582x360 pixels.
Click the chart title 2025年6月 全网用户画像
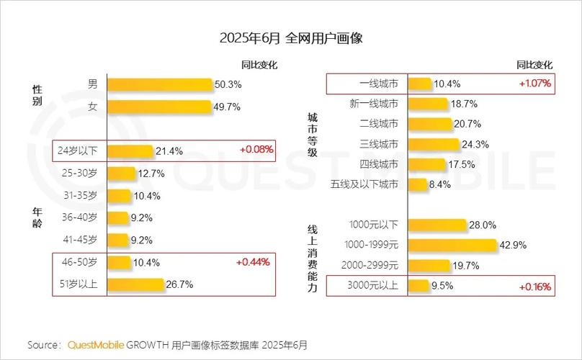point(290,38)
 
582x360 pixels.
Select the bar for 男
point(159,84)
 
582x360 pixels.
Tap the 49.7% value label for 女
point(228,107)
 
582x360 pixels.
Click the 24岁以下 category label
point(79,151)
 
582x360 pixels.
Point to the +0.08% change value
point(256,150)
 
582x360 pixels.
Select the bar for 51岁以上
point(135,284)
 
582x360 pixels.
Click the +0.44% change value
point(254,262)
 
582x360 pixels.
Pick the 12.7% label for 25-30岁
point(152,174)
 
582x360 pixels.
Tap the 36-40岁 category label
point(79,217)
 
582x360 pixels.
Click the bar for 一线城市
point(420,84)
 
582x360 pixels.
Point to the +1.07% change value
point(534,84)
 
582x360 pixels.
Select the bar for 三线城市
point(434,144)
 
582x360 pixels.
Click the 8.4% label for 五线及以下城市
point(439,184)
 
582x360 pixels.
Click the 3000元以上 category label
point(372,286)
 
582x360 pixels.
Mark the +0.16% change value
point(534,287)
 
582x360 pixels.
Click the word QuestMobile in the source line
point(96,345)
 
